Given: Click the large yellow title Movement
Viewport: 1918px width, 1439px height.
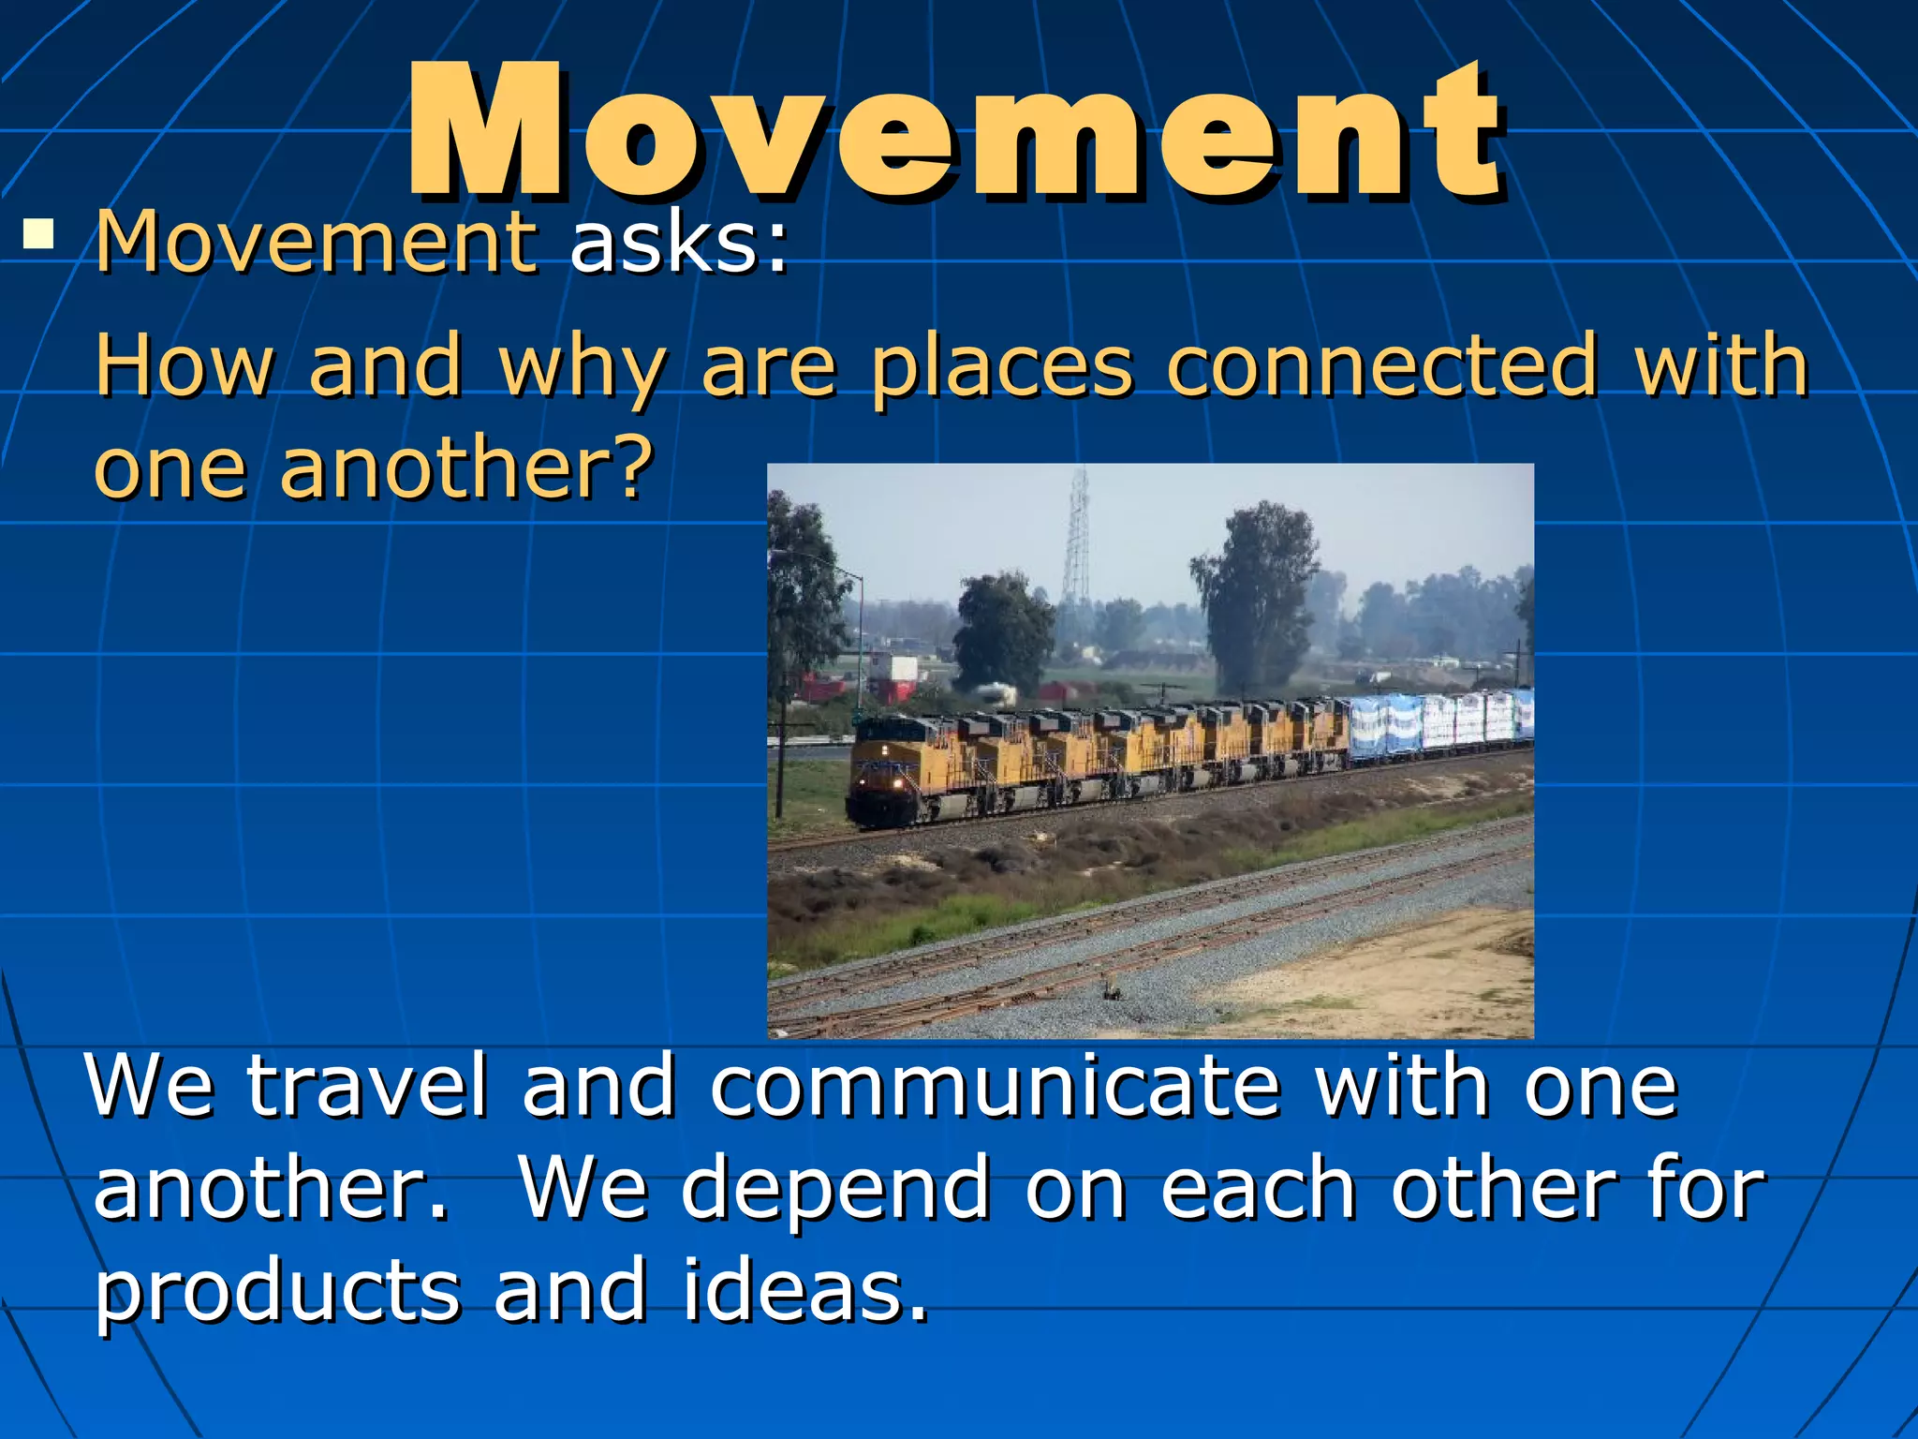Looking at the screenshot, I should click(x=955, y=131).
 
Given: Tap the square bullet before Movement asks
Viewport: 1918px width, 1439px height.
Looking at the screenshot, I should click(x=38, y=233).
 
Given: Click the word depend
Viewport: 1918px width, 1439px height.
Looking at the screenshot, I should click(x=834, y=1190).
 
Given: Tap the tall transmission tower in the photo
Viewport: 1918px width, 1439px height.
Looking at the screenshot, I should click(x=1078, y=543).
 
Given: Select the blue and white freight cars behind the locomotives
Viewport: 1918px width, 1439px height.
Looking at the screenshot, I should click(x=1438, y=723).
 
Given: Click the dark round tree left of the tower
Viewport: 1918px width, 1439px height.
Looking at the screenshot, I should click(x=1002, y=628).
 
